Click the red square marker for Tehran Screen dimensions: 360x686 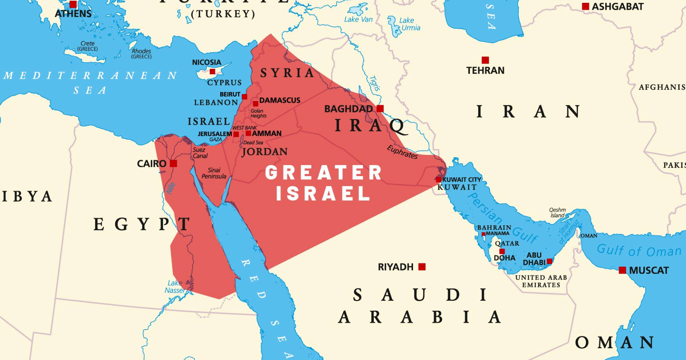pyautogui.click(x=485, y=60)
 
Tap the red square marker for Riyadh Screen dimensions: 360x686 pyautogui.click(x=422, y=267)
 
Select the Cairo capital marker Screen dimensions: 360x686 pyautogui.click(x=173, y=164)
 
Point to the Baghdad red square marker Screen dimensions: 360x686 pyautogui.click(x=380, y=109)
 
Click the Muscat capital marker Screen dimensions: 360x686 pyautogui.click(x=622, y=270)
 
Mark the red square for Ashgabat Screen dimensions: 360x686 pyautogui.click(x=586, y=6)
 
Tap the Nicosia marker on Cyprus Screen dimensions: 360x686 pyautogui.click(x=212, y=71)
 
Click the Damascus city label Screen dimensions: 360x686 pyautogui.click(x=280, y=100)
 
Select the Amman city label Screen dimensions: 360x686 pyautogui.click(x=267, y=134)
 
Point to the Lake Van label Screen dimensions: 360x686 pyautogui.click(x=358, y=19)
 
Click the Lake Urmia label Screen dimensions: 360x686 pyautogui.click(x=409, y=24)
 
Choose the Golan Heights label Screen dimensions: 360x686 pyautogui.click(x=258, y=113)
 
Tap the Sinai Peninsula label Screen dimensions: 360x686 pyautogui.click(x=214, y=173)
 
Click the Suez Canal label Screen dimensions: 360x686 pyautogui.click(x=200, y=153)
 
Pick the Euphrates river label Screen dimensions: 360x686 pyautogui.click(x=402, y=152)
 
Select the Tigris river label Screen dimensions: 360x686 pyautogui.click(x=374, y=83)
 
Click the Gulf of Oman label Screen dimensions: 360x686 pyautogui.click(x=639, y=251)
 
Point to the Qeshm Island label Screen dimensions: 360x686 pyautogui.click(x=557, y=212)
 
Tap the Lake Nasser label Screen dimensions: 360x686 pyautogui.click(x=175, y=287)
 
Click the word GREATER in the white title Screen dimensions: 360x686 pyautogui.click(x=323, y=173)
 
